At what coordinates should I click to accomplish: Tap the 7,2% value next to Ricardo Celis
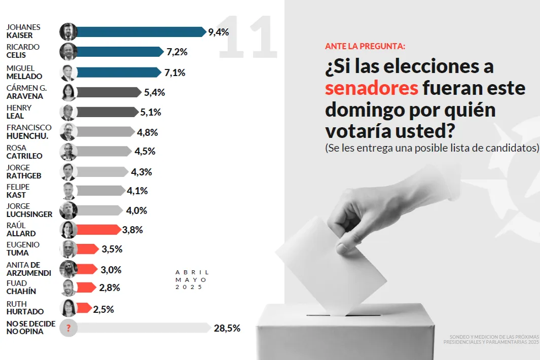(177, 52)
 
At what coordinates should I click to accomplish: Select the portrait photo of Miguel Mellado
(68, 73)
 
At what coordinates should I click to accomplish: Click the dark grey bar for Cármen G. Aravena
(109, 92)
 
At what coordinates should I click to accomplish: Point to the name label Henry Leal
(19, 112)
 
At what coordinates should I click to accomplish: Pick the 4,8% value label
(148, 132)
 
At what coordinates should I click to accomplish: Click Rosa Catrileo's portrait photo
(68, 152)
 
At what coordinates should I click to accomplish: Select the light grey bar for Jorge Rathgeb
(101, 172)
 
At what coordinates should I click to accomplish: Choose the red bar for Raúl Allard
(98, 230)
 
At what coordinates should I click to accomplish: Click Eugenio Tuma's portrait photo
(68, 249)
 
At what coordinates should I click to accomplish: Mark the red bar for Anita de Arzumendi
(87, 269)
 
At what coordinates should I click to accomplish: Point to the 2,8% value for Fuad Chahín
(110, 288)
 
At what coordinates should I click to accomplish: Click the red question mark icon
(68, 328)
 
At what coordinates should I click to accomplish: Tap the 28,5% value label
(227, 328)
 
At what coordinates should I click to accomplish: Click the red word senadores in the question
(371, 88)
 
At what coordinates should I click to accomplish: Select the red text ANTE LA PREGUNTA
(365, 46)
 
